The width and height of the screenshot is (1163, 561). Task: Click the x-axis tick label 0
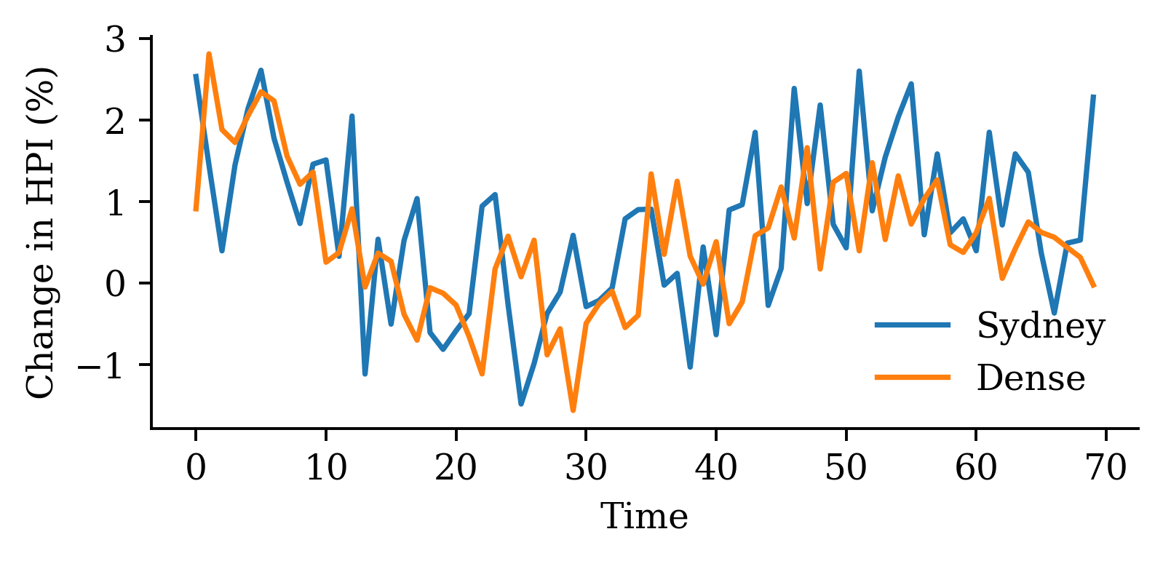[x=196, y=467]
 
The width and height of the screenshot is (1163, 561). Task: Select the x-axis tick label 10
[x=325, y=467]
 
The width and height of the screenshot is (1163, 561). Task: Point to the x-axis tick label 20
[x=456, y=467]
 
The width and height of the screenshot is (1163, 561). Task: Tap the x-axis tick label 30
[x=586, y=467]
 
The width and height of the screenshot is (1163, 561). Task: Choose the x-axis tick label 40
[x=716, y=467]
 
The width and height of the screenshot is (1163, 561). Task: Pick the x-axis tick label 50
[x=846, y=467]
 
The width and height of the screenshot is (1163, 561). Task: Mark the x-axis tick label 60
[x=976, y=467]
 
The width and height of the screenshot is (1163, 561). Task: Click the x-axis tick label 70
[x=1106, y=467]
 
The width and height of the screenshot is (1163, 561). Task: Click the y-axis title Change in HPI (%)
[x=41, y=233]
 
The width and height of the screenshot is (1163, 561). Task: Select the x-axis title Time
[x=644, y=517]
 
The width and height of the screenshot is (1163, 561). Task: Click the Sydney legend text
[x=1041, y=326]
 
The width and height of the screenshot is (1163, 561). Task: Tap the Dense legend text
[x=1031, y=378]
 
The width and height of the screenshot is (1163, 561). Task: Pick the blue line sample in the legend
[x=913, y=325]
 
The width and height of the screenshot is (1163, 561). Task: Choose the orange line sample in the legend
[x=913, y=377]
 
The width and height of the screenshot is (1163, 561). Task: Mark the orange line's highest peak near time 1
[x=209, y=54]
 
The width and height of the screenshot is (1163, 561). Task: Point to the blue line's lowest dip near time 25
[x=521, y=404]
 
